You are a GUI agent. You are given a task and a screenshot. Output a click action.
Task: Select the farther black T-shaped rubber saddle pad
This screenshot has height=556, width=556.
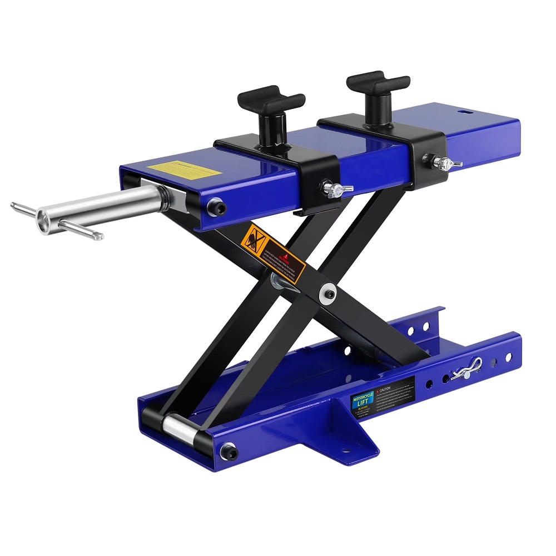378,83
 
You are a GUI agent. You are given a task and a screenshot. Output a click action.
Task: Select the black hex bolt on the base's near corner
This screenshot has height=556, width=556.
228,451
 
